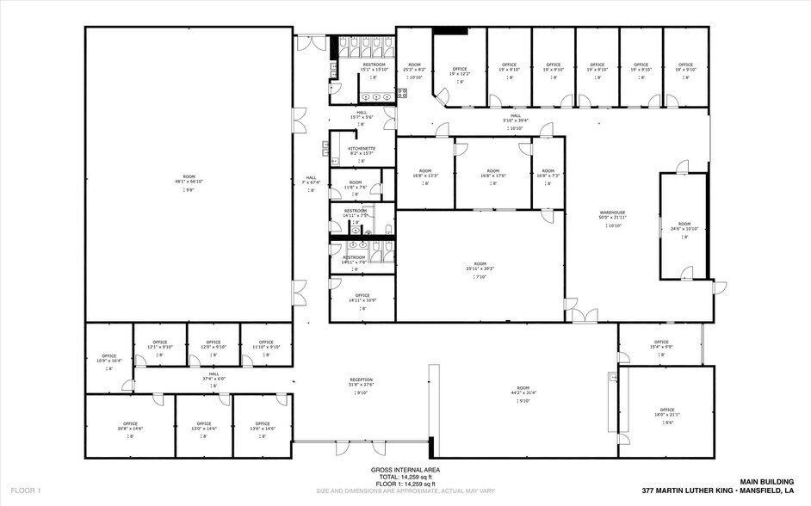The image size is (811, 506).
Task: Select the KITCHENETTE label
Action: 362,148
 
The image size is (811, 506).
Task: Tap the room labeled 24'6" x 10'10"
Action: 684,229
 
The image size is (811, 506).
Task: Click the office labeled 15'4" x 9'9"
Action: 661,347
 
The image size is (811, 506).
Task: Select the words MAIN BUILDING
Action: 765,481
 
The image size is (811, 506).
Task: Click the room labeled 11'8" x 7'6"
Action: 356,187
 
